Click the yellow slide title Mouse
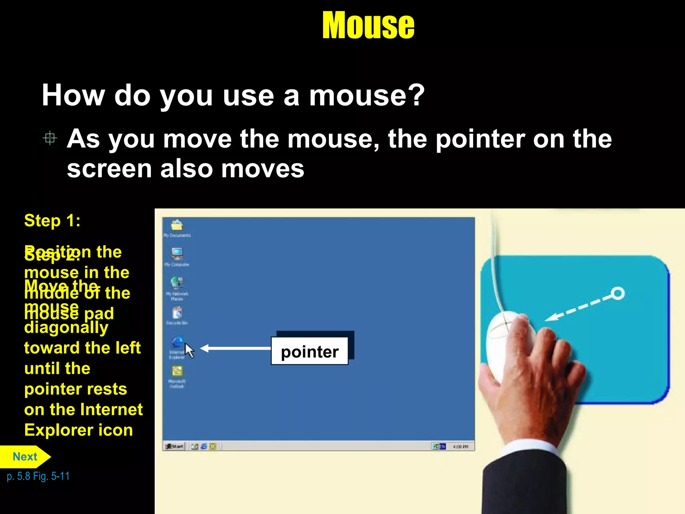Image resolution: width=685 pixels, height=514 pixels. [x=368, y=25]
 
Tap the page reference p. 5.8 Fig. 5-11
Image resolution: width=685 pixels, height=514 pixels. [x=38, y=476]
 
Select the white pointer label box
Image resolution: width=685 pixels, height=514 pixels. [x=309, y=351]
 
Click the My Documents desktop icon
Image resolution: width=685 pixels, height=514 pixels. [x=177, y=226]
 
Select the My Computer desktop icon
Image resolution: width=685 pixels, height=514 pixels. [x=177, y=254]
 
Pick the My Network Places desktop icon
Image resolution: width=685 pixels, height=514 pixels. [x=177, y=284]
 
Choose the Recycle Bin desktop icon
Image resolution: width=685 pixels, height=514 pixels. [x=177, y=313]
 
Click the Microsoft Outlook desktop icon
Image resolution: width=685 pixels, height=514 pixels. [x=177, y=371]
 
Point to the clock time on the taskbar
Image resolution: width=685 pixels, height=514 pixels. [x=461, y=446]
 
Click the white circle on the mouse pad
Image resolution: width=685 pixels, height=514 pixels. [x=618, y=293]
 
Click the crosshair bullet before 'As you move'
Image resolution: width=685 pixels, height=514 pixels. [x=50, y=138]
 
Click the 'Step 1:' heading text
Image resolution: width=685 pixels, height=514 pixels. [x=52, y=221]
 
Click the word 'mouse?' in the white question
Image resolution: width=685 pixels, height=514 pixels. [x=367, y=96]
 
